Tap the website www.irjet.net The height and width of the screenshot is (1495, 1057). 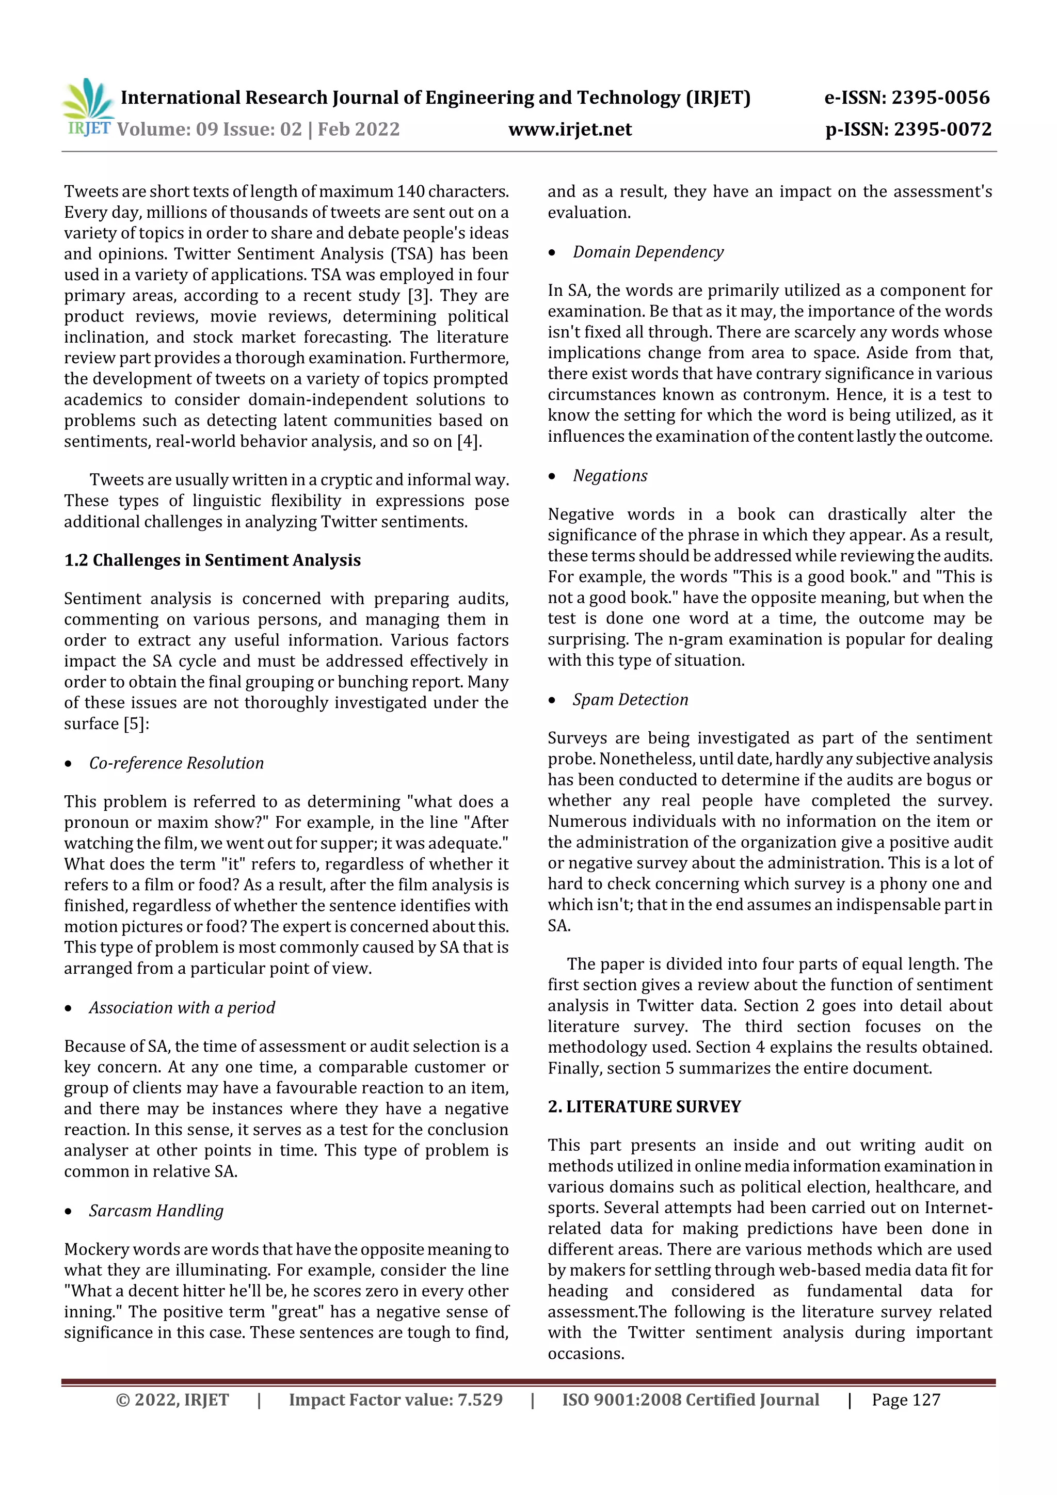[x=570, y=130]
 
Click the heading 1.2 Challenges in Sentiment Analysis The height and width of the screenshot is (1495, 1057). [x=212, y=560]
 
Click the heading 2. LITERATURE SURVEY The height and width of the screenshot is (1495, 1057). [x=644, y=1106]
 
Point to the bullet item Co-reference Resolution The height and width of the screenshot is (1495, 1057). [x=177, y=763]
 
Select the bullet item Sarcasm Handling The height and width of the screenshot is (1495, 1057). [x=156, y=1211]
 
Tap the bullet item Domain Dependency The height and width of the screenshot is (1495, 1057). [x=648, y=252]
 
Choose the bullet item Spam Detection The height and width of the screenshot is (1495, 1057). [x=630, y=699]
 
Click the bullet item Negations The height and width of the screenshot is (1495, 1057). [x=610, y=476]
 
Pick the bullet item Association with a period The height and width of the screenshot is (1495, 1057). [x=182, y=1007]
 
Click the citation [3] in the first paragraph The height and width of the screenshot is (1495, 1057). [x=418, y=296]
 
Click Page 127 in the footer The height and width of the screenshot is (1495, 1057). [x=906, y=1400]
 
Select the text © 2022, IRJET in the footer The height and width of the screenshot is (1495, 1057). [x=172, y=1400]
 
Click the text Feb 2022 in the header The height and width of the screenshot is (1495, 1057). [x=358, y=130]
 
